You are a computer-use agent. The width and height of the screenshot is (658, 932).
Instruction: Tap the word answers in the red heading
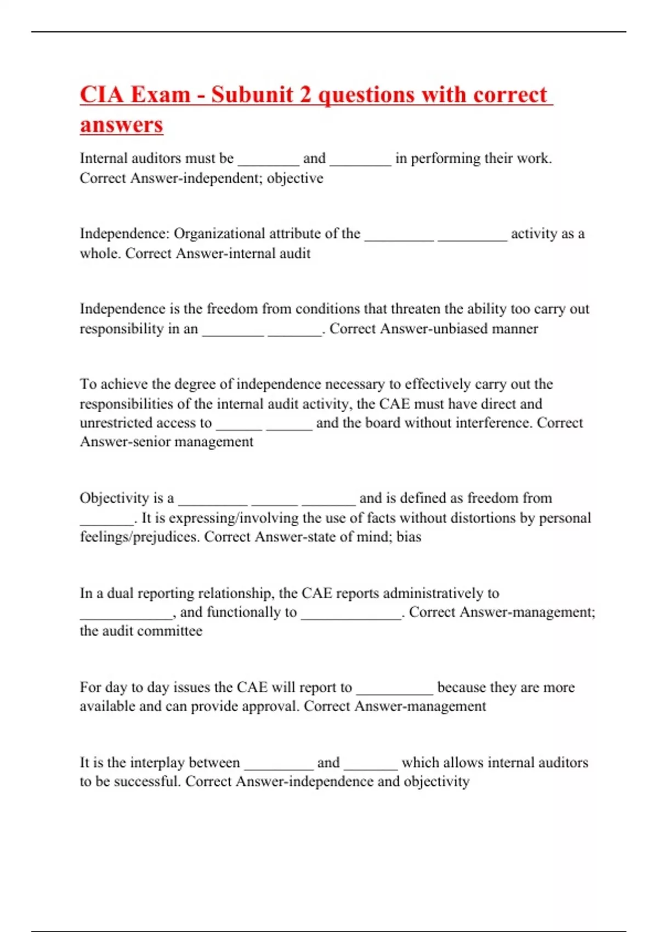coord(121,124)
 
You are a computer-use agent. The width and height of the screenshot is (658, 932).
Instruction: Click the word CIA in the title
coord(101,95)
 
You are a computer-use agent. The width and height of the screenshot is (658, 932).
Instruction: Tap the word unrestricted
coord(116,423)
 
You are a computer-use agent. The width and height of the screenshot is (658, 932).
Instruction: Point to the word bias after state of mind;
coord(409,537)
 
